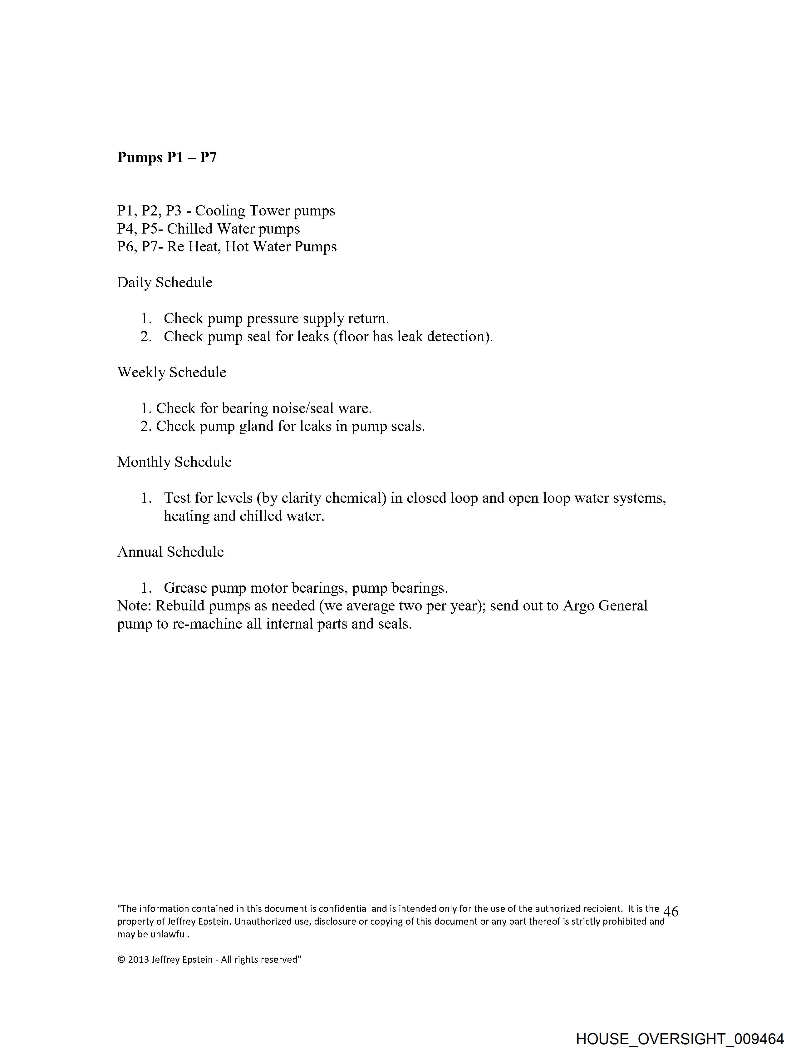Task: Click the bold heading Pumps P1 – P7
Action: point(167,157)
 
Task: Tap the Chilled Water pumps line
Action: point(209,229)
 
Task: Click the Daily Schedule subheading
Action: point(165,283)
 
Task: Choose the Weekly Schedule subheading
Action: point(172,373)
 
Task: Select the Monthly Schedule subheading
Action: point(174,462)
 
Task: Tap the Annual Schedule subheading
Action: point(170,552)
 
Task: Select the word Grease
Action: point(185,588)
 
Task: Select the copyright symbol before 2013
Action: point(121,960)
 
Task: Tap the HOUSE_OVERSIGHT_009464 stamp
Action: point(680,1039)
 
